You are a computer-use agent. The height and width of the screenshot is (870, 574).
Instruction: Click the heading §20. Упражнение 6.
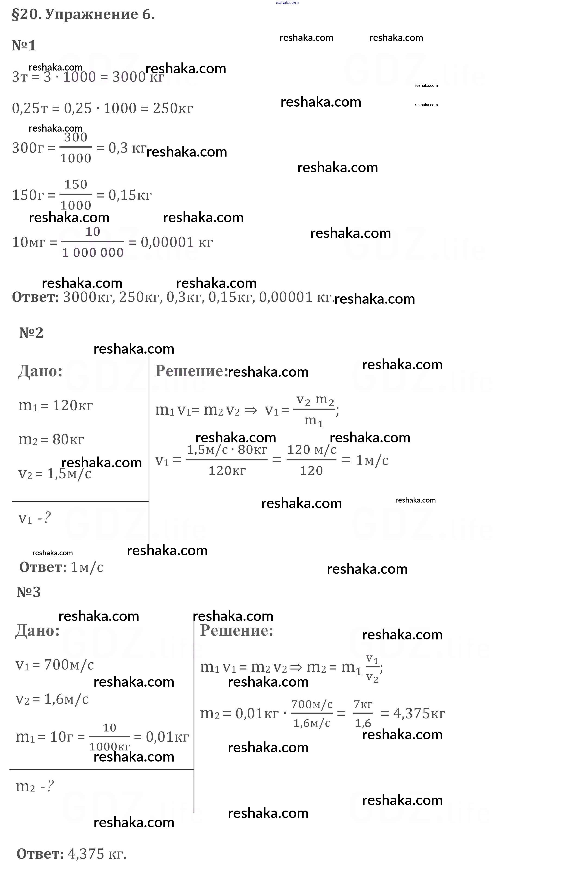[x=84, y=15]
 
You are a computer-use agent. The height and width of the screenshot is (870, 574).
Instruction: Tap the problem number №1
[x=24, y=46]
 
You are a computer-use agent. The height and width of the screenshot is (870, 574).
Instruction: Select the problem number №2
[x=31, y=333]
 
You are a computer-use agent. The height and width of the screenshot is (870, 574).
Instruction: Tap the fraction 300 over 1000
[x=76, y=148]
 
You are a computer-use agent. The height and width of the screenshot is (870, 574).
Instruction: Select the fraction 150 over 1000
[x=76, y=194]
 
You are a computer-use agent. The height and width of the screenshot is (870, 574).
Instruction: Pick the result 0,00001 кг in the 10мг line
[x=177, y=242]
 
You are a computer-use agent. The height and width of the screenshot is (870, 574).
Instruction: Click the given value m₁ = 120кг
[x=56, y=406]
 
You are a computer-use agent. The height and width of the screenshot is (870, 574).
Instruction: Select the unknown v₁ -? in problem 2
[x=35, y=518]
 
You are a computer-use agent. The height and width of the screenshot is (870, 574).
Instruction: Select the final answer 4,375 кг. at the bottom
[x=97, y=854]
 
